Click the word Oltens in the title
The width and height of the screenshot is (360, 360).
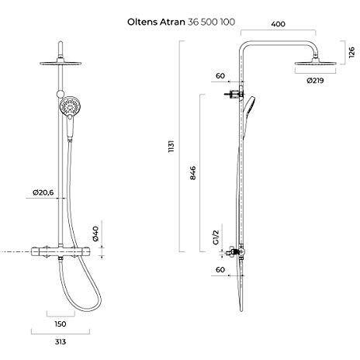pos(142,22)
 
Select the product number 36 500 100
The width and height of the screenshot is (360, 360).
pos(211,22)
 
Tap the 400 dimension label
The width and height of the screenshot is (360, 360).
pos(279,24)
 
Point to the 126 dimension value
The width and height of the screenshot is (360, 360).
pos(351,53)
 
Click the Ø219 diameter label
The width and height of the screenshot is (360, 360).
pos(315,81)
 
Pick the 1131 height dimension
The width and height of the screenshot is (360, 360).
pos(171,147)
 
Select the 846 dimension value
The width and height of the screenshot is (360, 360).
pos(193,173)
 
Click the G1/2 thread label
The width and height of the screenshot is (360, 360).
pos(216,237)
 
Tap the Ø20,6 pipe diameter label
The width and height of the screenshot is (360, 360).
pos(43,192)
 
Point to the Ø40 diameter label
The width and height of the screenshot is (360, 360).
pos(95,234)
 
